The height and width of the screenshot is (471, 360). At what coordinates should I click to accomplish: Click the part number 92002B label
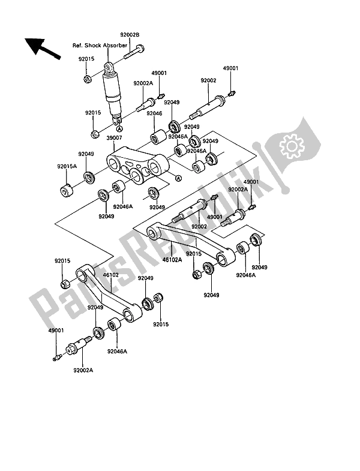click(130, 35)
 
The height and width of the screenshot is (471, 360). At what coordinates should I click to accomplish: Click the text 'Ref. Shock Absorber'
click(100, 46)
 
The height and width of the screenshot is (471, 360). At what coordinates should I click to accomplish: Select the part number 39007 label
click(114, 138)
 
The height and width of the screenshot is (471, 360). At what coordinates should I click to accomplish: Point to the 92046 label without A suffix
click(154, 113)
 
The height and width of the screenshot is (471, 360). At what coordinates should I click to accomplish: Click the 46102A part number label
click(172, 260)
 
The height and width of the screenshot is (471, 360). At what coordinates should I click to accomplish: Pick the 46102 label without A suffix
click(110, 275)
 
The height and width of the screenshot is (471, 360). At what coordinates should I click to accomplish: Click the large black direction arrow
click(42, 48)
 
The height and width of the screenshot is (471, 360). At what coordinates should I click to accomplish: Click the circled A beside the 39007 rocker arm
click(178, 178)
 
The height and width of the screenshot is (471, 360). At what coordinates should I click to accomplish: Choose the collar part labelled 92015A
click(67, 190)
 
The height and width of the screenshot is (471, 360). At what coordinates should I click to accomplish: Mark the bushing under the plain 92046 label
click(158, 137)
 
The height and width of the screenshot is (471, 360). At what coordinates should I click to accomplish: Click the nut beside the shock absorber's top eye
click(88, 79)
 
